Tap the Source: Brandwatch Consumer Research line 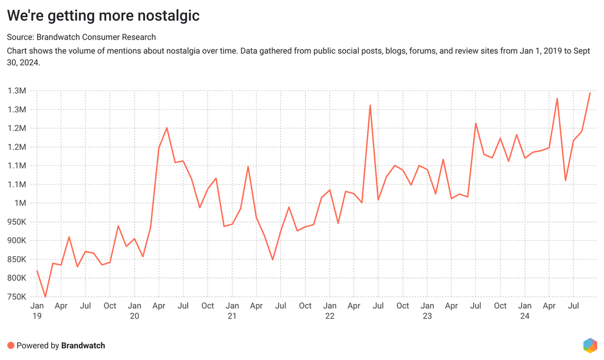pyautogui.click(x=81, y=37)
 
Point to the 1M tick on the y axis pyautogui.click(x=20, y=203)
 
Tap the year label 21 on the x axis pyautogui.click(x=232, y=316)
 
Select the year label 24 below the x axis pyautogui.click(x=525, y=316)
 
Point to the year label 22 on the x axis pyautogui.click(x=330, y=316)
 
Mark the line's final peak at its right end pyautogui.click(x=590, y=93)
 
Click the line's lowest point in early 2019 pyautogui.click(x=45, y=297)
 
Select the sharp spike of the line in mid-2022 pyautogui.click(x=370, y=106)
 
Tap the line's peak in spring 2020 pyautogui.click(x=167, y=127)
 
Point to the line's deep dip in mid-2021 pyautogui.click(x=273, y=260)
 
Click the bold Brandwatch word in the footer pyautogui.click(x=83, y=345)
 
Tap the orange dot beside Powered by pyautogui.click(x=11, y=345)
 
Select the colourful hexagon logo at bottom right pyautogui.click(x=589, y=345)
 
